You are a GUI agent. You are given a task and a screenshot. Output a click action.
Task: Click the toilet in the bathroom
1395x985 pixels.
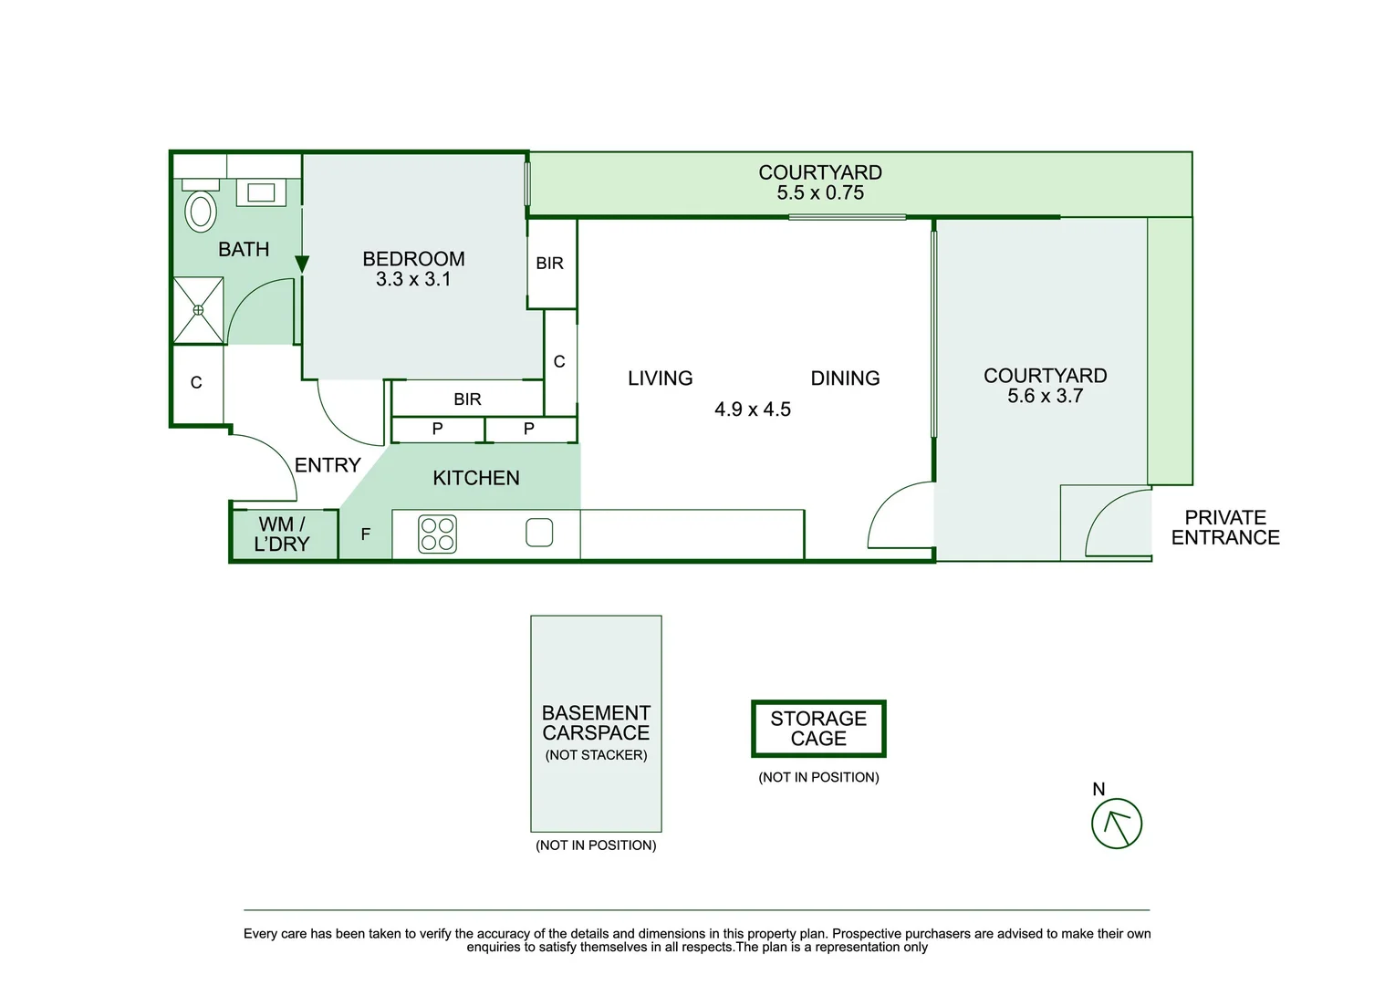(x=201, y=211)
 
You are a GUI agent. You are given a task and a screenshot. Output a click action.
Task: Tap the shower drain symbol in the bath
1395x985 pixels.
(x=198, y=310)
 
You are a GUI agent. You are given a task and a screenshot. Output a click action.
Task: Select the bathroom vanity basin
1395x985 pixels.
(x=261, y=192)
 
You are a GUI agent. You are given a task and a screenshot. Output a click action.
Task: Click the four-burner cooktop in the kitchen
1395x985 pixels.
(x=437, y=534)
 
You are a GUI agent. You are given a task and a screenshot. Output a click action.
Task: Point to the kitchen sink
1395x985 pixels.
(x=539, y=533)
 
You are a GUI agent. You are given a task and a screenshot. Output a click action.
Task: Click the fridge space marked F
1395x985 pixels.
(x=365, y=534)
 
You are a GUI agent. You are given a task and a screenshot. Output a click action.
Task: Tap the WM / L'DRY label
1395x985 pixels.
(x=282, y=534)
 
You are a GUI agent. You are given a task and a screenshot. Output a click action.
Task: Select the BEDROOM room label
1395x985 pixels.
(x=413, y=259)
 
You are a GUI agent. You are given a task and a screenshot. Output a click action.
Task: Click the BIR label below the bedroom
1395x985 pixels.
(x=467, y=399)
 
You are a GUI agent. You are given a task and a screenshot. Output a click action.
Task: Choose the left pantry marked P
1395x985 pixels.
(x=437, y=429)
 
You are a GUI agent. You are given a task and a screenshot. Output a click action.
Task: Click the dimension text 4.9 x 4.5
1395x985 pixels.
(x=753, y=410)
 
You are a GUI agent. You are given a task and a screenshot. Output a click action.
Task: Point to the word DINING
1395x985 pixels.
(x=845, y=378)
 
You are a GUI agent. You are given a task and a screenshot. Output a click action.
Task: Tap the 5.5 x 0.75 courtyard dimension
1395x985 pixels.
(x=820, y=193)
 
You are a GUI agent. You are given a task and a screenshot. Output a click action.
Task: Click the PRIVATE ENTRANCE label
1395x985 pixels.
(x=1225, y=528)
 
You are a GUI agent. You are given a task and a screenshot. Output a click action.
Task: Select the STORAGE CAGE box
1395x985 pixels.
(x=818, y=729)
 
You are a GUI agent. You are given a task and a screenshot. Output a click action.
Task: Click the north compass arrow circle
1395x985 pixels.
(x=1117, y=824)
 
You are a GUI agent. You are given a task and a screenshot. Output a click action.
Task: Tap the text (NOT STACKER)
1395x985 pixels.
(x=596, y=755)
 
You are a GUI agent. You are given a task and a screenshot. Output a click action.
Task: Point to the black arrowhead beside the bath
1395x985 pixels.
(x=302, y=264)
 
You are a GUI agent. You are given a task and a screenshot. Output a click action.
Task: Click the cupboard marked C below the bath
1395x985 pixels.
(x=196, y=383)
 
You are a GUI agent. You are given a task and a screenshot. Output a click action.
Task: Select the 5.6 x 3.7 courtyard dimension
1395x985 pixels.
(x=1045, y=396)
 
